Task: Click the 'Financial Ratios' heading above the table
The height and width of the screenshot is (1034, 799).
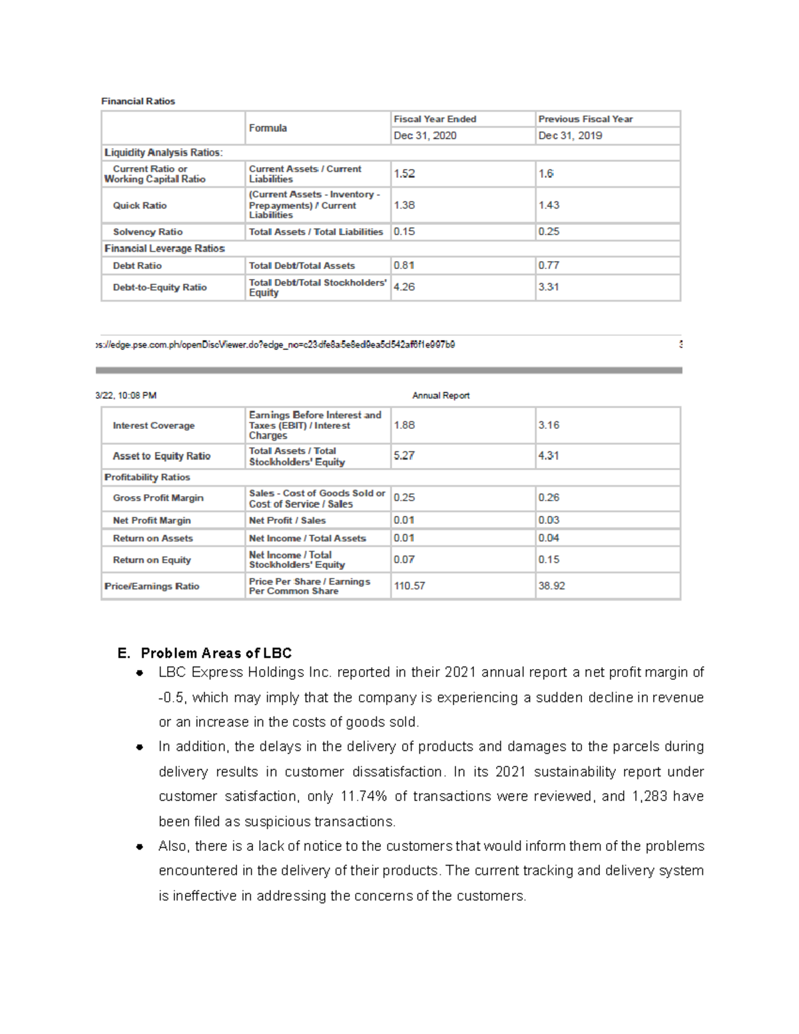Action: pyautogui.click(x=138, y=101)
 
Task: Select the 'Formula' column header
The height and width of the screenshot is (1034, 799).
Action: pyautogui.click(x=268, y=128)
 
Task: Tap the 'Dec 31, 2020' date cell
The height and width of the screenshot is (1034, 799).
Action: pyautogui.click(x=425, y=136)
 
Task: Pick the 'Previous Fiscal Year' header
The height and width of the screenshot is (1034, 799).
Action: pyautogui.click(x=585, y=119)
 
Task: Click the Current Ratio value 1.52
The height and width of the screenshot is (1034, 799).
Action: pyautogui.click(x=404, y=174)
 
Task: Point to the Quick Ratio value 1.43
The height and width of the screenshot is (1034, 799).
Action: pyautogui.click(x=549, y=205)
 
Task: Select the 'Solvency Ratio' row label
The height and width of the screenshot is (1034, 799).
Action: pyautogui.click(x=147, y=232)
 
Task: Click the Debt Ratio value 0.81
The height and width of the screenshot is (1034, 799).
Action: pyautogui.click(x=403, y=265)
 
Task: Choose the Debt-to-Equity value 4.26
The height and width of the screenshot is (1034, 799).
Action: pyautogui.click(x=404, y=287)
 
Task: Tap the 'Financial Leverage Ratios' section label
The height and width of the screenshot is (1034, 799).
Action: pyautogui.click(x=164, y=248)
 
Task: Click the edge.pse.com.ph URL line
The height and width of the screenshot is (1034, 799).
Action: pyautogui.click(x=276, y=345)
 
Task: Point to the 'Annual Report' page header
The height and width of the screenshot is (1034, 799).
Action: pyautogui.click(x=440, y=395)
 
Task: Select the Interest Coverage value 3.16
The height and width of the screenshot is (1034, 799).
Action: pyautogui.click(x=549, y=425)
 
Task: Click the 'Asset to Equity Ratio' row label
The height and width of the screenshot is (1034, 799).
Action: pyautogui.click(x=161, y=456)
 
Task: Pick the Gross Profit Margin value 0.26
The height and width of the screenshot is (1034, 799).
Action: pyautogui.click(x=549, y=497)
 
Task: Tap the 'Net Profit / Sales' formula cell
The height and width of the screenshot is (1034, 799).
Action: pyautogui.click(x=287, y=521)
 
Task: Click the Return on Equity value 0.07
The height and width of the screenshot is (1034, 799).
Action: pyautogui.click(x=403, y=559)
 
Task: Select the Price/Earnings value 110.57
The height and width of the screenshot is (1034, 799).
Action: pyautogui.click(x=409, y=586)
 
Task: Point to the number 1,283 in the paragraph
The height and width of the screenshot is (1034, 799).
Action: pyautogui.click(x=649, y=796)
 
